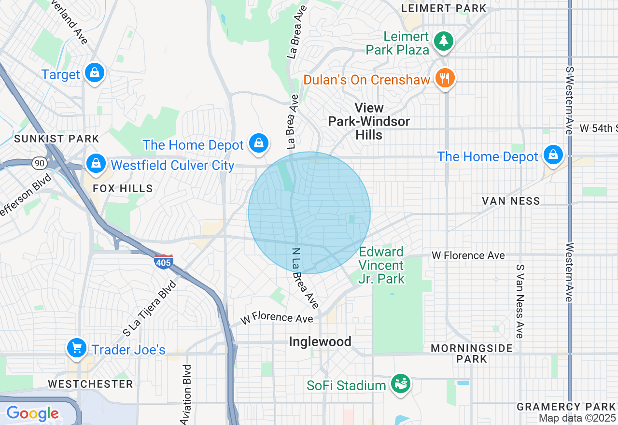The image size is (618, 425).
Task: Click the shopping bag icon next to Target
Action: [x=95, y=73]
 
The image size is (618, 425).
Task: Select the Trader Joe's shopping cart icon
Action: [x=76, y=348]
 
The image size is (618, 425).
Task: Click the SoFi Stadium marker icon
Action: [x=400, y=384]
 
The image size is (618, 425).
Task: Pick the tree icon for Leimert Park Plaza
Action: [x=443, y=42]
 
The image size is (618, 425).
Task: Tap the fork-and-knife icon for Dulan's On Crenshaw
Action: [x=444, y=78]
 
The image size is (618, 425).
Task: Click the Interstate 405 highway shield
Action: [x=164, y=261]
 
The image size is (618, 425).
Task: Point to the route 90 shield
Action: [x=39, y=163]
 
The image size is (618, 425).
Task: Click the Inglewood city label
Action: [x=320, y=342]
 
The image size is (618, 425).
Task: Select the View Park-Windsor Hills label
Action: [x=369, y=121]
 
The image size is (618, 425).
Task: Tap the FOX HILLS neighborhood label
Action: [x=123, y=188]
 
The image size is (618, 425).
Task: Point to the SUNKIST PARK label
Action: [x=56, y=139]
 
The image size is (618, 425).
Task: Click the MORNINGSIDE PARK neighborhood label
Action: [x=472, y=354]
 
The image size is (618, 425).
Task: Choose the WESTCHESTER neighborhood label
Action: [x=90, y=384]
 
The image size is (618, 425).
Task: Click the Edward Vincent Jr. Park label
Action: [x=381, y=265]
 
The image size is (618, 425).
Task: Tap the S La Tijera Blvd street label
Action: [x=150, y=308]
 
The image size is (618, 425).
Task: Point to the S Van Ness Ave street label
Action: [x=520, y=301]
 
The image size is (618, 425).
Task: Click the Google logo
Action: [x=32, y=413]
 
